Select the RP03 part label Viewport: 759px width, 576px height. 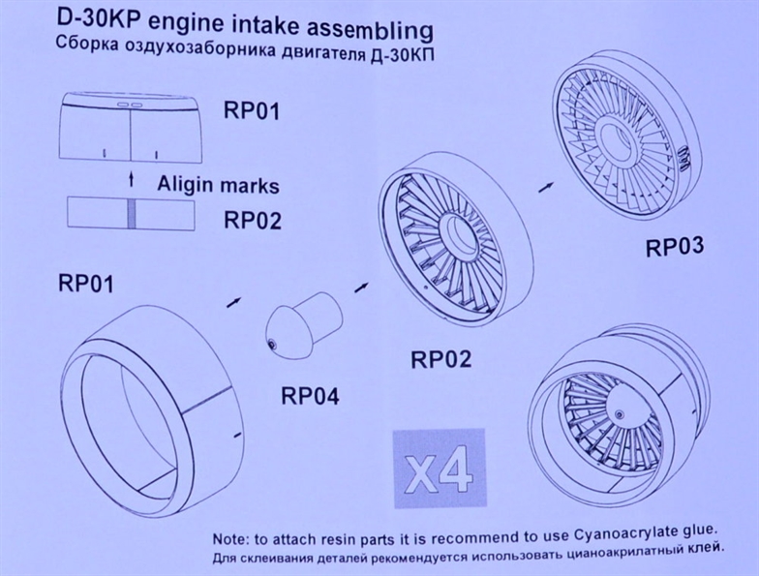click(x=674, y=248)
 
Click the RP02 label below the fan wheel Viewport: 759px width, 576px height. click(x=440, y=360)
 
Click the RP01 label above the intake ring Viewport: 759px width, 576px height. click(x=87, y=285)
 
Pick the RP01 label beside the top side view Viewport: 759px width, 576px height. click(x=251, y=110)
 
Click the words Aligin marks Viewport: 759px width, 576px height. click(x=218, y=184)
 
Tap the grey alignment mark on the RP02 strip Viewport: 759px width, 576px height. click(x=131, y=213)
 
